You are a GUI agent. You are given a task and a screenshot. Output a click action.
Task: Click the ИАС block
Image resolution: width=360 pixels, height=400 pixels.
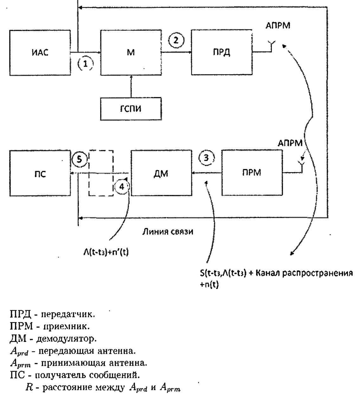pyautogui.click(x=40, y=53)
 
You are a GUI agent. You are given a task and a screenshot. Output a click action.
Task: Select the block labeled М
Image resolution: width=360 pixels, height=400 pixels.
pyautogui.click(x=131, y=53)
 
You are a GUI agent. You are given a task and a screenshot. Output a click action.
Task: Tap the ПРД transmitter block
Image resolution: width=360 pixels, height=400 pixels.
pyautogui.click(x=222, y=53)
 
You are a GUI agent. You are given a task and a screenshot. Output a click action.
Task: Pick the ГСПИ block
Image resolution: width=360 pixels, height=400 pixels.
pyautogui.click(x=131, y=108)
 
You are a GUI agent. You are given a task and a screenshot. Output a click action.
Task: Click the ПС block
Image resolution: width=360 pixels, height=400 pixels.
pyautogui.click(x=40, y=173)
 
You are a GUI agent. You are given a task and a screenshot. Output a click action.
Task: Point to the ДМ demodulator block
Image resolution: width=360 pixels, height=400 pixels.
pyautogui.click(x=161, y=173)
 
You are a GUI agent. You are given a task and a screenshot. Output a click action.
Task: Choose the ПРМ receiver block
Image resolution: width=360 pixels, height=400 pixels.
pyautogui.click(x=252, y=173)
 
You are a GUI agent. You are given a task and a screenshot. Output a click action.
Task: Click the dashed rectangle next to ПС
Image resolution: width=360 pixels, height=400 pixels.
pyautogui.click(x=101, y=173)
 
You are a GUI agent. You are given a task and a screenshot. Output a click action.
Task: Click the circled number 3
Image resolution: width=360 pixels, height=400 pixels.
pyautogui.click(x=206, y=158)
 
